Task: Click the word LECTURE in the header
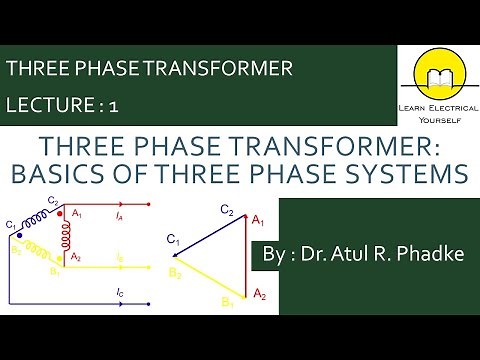coord(46,104)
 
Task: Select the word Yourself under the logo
coord(437,116)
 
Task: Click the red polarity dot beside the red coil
coord(61,212)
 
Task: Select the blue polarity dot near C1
coord(19,232)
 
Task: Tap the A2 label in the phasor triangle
coord(260,293)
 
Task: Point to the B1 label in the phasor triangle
coord(228,302)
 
